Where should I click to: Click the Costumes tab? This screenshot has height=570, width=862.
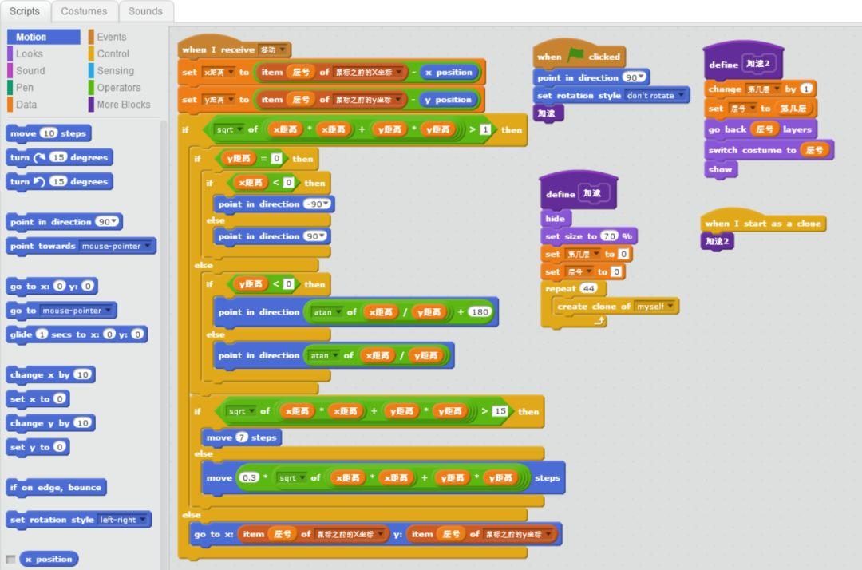tap(84, 11)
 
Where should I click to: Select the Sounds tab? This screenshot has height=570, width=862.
tap(145, 11)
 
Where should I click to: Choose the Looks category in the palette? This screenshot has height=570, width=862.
tap(30, 53)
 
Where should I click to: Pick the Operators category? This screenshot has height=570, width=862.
tap(118, 88)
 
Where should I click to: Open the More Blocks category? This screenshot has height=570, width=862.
tap(123, 105)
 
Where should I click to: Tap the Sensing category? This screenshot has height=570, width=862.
tap(115, 70)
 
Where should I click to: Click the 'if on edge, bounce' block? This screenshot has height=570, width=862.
tap(55, 487)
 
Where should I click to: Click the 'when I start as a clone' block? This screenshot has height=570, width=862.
tap(762, 224)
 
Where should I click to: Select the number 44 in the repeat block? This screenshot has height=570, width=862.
tap(589, 288)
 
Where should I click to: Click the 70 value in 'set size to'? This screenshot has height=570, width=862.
tap(610, 236)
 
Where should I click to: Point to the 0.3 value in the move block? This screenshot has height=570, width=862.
tap(249, 477)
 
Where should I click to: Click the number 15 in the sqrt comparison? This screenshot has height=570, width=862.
tap(500, 411)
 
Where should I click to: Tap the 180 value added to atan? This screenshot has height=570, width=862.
tap(480, 312)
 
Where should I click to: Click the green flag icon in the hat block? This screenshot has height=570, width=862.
tap(575, 56)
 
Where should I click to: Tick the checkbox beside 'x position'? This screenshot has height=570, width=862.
tap(10, 559)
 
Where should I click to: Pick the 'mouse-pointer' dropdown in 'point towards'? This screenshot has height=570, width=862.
tap(117, 246)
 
